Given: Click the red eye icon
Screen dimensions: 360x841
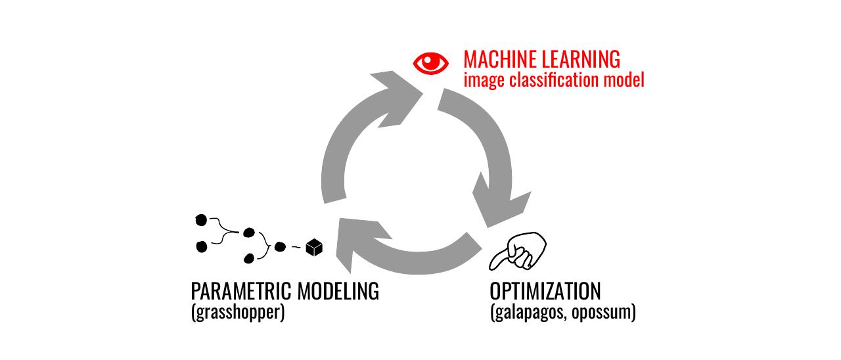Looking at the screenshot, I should [431, 62].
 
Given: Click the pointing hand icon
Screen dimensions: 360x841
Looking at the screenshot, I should [520, 251].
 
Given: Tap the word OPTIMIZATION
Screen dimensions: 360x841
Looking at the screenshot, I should [545, 290].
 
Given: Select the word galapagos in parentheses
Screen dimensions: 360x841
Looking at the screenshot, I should [529, 311].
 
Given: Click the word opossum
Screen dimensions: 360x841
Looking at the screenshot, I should [602, 311].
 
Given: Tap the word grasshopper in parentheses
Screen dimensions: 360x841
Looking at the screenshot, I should [238, 311].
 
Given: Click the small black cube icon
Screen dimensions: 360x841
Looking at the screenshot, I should [315, 247].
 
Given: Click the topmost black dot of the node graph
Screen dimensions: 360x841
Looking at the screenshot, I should [202, 219].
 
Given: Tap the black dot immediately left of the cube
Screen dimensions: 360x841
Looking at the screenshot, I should [280, 247].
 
